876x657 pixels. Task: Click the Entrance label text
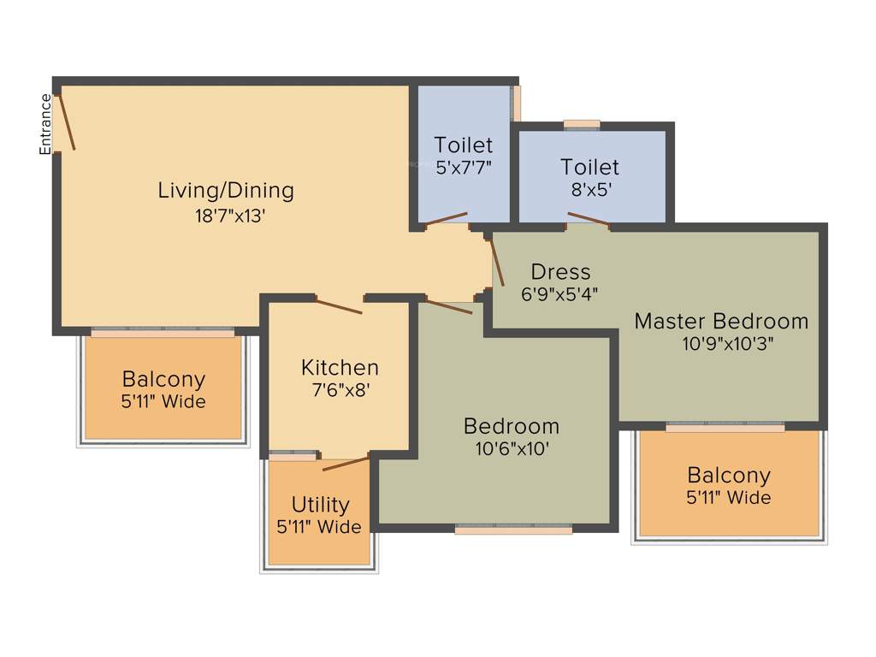(45, 124)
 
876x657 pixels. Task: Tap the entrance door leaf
(65, 121)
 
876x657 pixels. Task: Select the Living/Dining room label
(226, 190)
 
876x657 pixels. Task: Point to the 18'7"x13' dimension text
(226, 216)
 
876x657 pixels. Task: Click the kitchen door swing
(339, 305)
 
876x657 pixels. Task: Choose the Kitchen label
(340, 368)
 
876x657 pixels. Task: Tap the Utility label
(320, 505)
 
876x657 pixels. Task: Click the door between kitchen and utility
(346, 464)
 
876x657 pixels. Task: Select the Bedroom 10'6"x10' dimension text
(512, 449)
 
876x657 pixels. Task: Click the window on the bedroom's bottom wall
(513, 530)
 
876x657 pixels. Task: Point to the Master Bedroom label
(721, 322)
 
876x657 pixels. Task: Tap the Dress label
(560, 272)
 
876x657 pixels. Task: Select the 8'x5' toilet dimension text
(591, 190)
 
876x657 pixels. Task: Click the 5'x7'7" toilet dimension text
(464, 168)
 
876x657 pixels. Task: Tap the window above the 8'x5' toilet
(582, 124)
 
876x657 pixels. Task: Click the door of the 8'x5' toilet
(589, 219)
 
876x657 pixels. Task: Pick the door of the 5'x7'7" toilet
(447, 219)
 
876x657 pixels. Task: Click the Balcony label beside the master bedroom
(729, 475)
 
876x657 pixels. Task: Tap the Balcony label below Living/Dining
(163, 379)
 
